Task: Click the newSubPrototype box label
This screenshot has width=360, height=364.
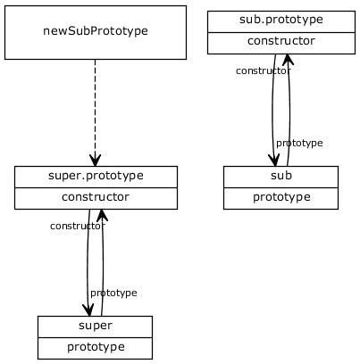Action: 96,31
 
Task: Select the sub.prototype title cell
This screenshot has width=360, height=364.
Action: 281,19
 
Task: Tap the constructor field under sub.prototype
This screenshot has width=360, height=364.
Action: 281,41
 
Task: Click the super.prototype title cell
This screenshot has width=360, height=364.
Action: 96,175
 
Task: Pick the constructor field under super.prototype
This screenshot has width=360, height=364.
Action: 96,197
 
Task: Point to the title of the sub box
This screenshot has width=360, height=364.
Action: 280,175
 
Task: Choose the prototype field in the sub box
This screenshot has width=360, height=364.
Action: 280,197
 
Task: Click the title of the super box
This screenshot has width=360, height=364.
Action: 95,325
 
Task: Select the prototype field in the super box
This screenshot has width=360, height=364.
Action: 95,347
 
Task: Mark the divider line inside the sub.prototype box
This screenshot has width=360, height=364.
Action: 281,31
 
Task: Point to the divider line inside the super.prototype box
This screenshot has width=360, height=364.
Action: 96,186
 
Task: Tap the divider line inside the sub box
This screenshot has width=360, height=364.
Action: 280,186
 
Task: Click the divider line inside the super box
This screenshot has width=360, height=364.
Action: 95,336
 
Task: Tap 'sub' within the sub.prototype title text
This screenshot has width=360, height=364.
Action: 250,19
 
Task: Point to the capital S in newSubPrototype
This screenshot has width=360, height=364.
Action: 71,31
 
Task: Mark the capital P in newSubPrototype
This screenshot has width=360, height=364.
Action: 92,31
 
